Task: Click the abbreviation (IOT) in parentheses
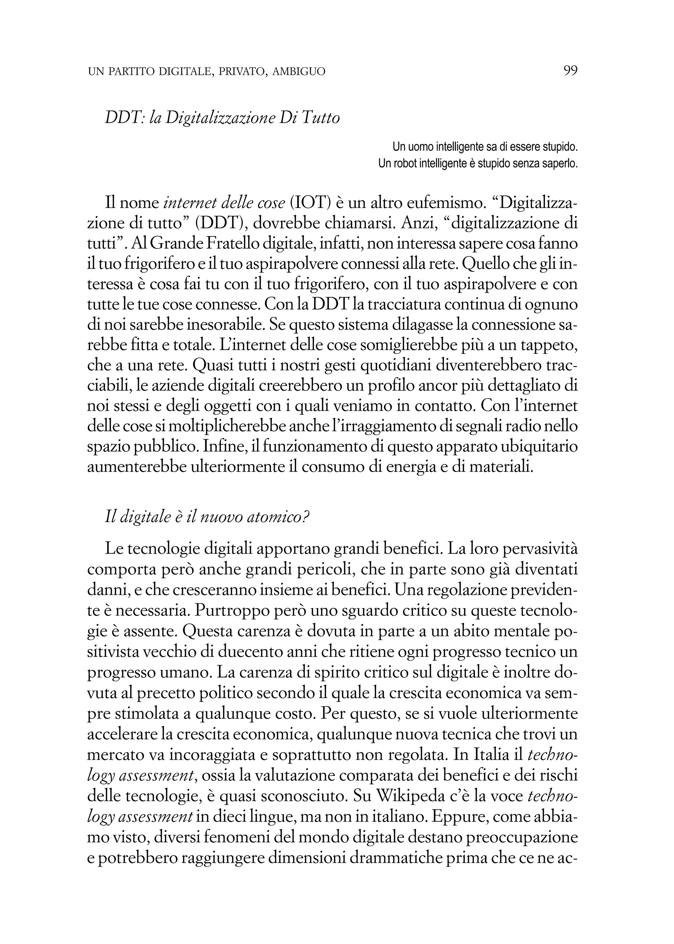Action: click(311, 203)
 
